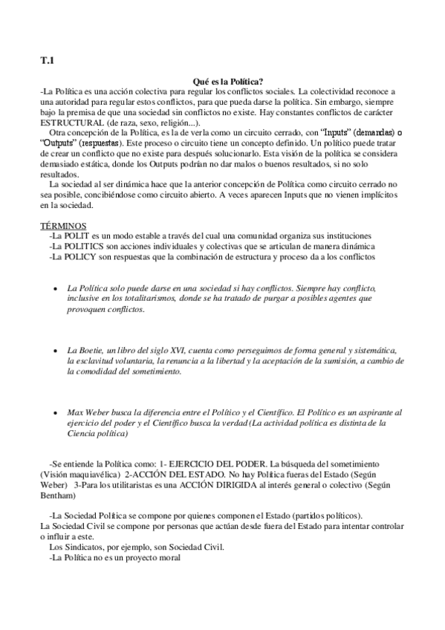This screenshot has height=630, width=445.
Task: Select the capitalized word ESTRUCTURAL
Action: (72, 122)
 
